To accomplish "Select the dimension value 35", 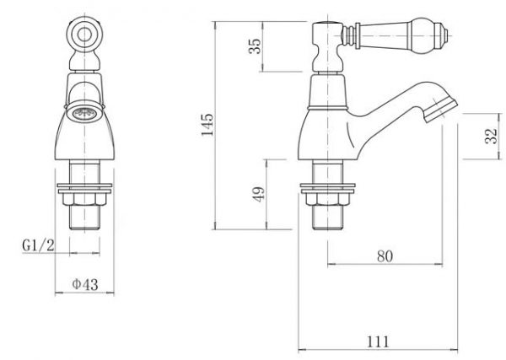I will coord(254,47).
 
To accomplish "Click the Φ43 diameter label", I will coord(85,284).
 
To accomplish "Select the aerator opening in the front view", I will coord(83,110).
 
